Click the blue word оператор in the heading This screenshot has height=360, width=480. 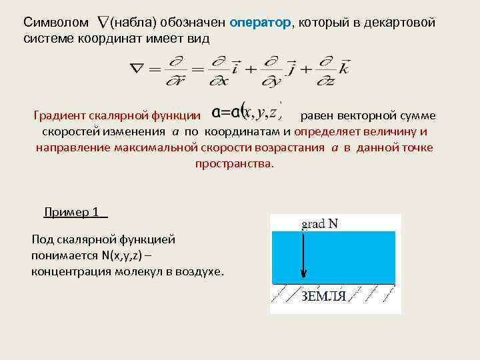(x=261, y=23)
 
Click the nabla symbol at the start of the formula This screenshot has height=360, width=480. (x=137, y=68)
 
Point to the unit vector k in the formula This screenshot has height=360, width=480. (x=343, y=67)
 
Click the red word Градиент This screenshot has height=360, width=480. (x=63, y=116)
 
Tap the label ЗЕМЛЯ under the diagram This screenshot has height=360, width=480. (x=324, y=296)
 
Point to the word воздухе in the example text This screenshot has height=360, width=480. (x=201, y=271)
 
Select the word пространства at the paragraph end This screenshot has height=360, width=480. (x=233, y=163)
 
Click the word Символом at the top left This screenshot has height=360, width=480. (x=55, y=23)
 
